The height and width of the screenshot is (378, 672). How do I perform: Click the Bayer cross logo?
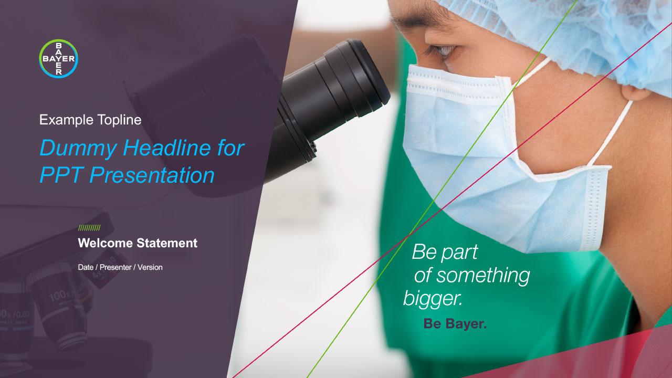click(x=58, y=58)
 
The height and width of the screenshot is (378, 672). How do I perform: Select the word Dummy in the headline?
click(x=78, y=149)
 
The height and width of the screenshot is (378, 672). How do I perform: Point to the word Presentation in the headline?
click(x=152, y=175)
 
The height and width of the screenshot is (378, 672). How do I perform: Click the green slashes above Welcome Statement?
click(x=89, y=228)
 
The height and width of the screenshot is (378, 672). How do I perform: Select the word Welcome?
click(x=106, y=243)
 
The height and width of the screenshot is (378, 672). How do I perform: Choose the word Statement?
click(x=167, y=243)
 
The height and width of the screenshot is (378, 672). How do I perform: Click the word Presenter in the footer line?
click(x=115, y=267)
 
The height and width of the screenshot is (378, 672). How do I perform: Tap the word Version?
click(x=150, y=267)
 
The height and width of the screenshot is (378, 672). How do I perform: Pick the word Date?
click(x=86, y=267)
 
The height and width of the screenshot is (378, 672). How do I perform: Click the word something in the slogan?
click(x=483, y=276)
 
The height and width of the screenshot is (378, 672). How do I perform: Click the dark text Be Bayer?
click(x=455, y=324)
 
